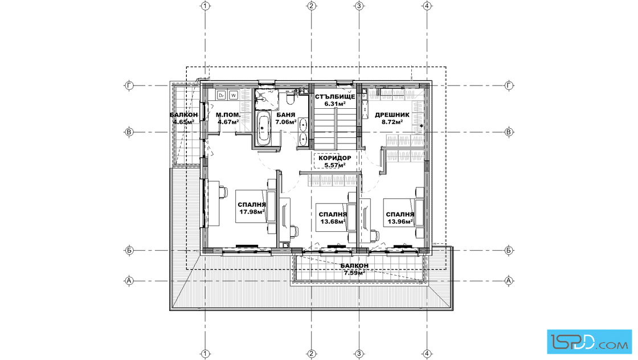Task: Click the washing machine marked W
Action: pos(234,95)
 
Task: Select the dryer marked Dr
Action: pos(222,95)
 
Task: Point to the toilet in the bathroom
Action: pos(291,99)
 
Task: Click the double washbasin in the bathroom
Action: pos(303,132)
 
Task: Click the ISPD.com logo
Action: pos(589,341)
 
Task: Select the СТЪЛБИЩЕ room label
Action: pos(335,97)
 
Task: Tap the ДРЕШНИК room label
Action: pos(392,114)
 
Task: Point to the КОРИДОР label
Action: pos(335,158)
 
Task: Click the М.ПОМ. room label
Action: pos(228,114)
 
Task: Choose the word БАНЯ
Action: pos(285,114)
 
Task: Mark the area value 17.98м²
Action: pos(252,211)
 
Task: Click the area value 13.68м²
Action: pos(333,221)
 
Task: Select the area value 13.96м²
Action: pos(400,221)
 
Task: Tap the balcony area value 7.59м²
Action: pos(354,272)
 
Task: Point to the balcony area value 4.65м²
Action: pos(183,122)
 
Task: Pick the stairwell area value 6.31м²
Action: pos(335,104)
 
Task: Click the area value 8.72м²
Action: pos(392,122)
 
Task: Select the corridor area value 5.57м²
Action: pos(335,165)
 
